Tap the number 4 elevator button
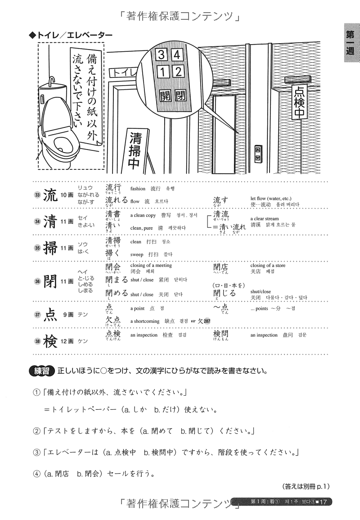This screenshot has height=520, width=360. pyautogui.click(x=177, y=55)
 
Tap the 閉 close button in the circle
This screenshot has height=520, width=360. pyautogui.click(x=180, y=95)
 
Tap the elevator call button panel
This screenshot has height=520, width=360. pyautogui.click(x=258, y=154)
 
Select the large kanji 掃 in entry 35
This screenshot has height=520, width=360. pyautogui.click(x=49, y=248)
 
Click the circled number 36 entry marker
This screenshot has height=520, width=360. pyautogui.click(x=37, y=281)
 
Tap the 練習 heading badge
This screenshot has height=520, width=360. pyautogui.click(x=41, y=371)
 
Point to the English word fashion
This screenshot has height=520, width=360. pyautogui.click(x=138, y=189)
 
